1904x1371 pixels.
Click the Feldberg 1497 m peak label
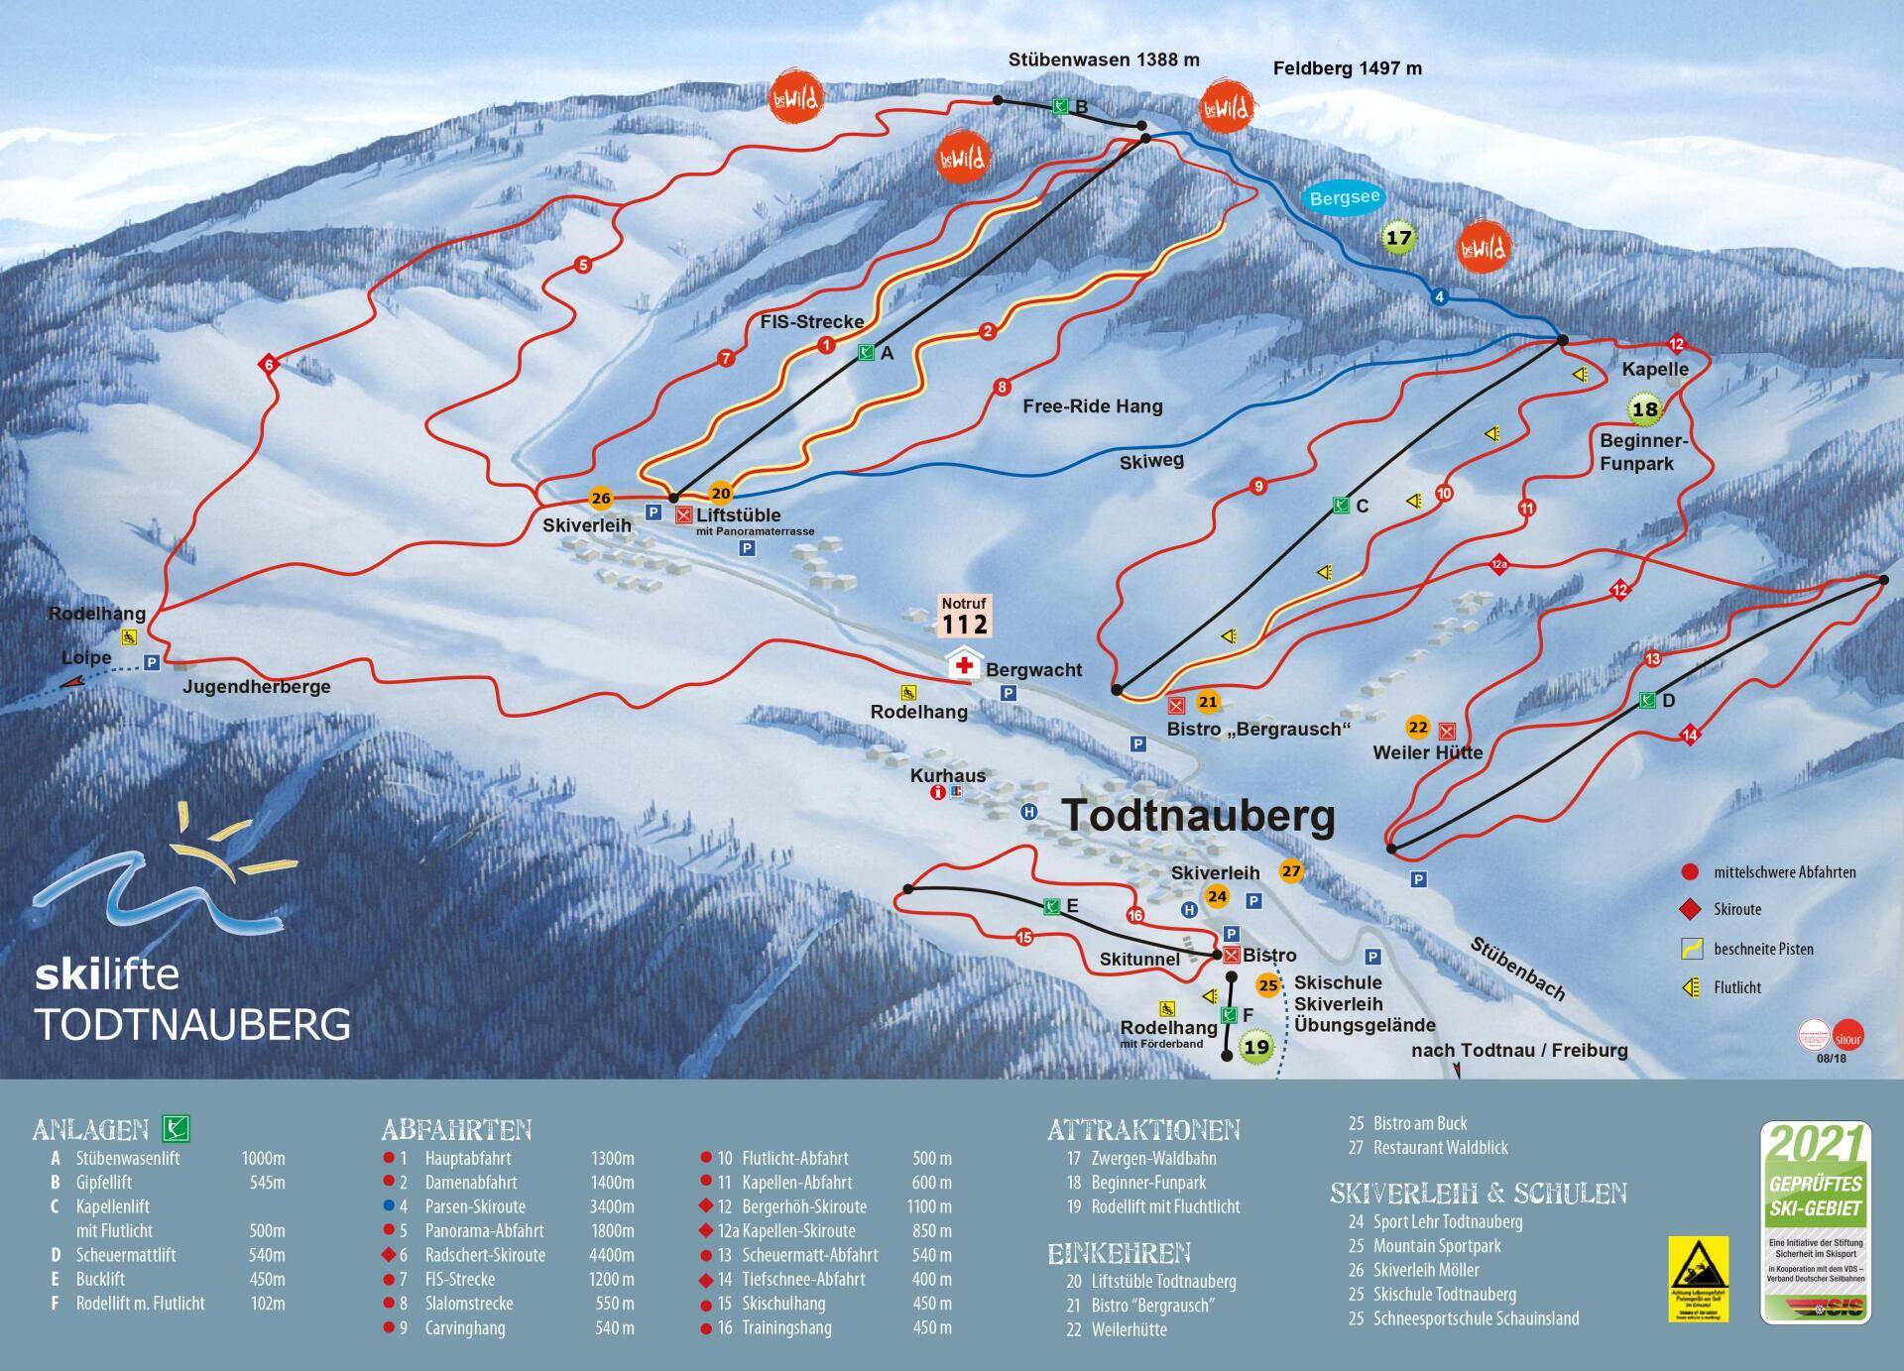click(x=1347, y=68)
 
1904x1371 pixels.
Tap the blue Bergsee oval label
click(x=1344, y=198)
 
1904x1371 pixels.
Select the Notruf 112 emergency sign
click(x=964, y=617)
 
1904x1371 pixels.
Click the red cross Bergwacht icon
click(x=963, y=664)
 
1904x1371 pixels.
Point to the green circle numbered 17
click(x=1398, y=239)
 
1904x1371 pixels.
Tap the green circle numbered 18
click(x=1644, y=408)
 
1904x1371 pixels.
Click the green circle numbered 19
click(x=1255, y=1047)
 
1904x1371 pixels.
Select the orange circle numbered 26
click(x=600, y=499)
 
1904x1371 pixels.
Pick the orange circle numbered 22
click(x=1418, y=728)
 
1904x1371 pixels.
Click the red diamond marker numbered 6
click(x=267, y=365)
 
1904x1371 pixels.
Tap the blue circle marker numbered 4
click(x=1440, y=296)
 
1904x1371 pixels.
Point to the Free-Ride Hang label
click(x=1093, y=405)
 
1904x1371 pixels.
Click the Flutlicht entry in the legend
click(x=1735, y=987)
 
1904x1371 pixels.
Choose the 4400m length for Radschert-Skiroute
click(x=612, y=1255)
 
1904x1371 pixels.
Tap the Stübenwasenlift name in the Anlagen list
click(x=127, y=1158)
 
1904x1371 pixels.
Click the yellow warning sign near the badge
click(x=1698, y=1278)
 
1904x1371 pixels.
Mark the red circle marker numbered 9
click(x=1257, y=487)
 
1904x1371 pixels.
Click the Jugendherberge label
click(x=256, y=686)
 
